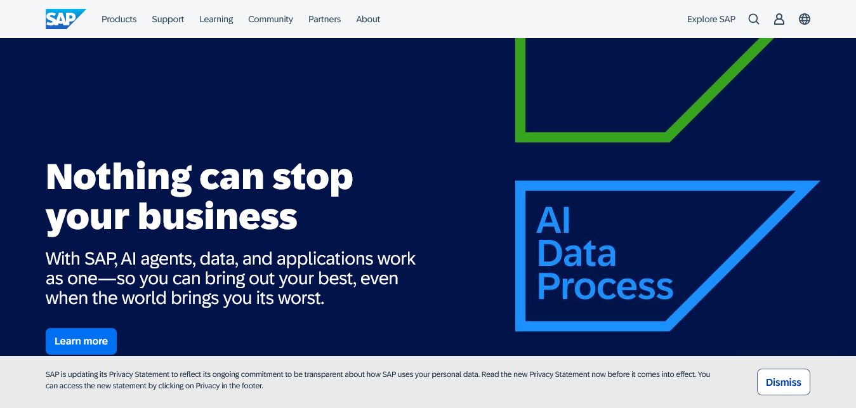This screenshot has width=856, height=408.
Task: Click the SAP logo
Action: [x=65, y=19]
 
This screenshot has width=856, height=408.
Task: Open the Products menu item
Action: [x=119, y=19]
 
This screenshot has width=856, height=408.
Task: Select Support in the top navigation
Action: [x=168, y=20]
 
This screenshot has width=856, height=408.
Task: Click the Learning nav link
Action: [x=216, y=20]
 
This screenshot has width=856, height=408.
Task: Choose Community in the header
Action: [x=270, y=20]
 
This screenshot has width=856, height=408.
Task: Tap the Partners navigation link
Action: [x=324, y=19]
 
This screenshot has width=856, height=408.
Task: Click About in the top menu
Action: [x=368, y=19]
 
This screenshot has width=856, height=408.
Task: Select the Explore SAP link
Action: [x=711, y=20]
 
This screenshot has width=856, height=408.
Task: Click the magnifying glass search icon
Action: [x=754, y=19]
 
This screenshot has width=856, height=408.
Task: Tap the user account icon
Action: [x=779, y=19]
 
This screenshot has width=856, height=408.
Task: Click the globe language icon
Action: [x=805, y=19]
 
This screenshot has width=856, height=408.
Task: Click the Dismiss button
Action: [x=784, y=382]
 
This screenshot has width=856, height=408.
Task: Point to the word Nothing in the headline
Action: [x=119, y=177]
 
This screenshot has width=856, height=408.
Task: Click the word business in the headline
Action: [x=218, y=216]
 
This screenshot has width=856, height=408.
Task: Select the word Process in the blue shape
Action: [x=605, y=287]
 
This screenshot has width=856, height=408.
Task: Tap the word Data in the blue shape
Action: [x=577, y=253]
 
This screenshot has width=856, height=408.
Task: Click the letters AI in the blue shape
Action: [x=553, y=220]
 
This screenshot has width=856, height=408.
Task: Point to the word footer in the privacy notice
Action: [x=251, y=386]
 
